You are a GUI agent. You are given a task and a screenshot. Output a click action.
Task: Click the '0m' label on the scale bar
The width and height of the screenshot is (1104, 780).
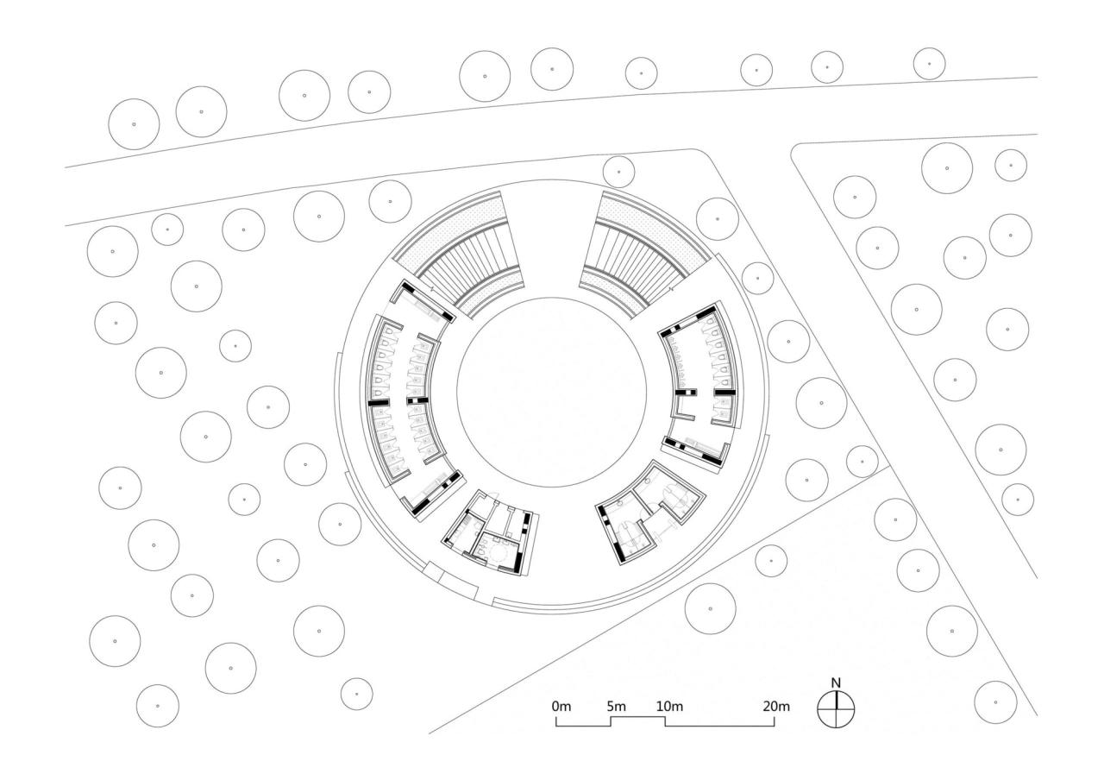tap(561, 707)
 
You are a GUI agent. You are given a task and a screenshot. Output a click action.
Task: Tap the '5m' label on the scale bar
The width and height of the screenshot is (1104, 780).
tap(616, 707)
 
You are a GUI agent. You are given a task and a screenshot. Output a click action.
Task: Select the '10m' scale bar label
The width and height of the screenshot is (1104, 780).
tap(670, 707)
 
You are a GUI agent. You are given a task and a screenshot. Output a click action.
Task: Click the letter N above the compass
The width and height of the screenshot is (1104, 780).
tap(835, 683)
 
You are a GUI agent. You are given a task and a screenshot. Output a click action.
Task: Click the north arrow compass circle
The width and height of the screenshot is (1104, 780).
tap(836, 709)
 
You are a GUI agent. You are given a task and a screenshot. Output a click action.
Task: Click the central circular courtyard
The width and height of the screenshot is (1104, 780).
tap(551, 389)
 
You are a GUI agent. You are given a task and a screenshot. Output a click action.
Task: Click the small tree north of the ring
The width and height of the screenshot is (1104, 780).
tap(618, 171)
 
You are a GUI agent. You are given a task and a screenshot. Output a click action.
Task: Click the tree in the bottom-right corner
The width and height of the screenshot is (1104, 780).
tap(995, 701)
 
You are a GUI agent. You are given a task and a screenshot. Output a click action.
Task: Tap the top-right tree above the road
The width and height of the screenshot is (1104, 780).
tap(929, 63)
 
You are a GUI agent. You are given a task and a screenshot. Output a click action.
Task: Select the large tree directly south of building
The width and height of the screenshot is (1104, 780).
tap(710, 608)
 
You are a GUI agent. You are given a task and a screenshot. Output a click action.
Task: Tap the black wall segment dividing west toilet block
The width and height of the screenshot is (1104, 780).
tap(379, 402)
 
